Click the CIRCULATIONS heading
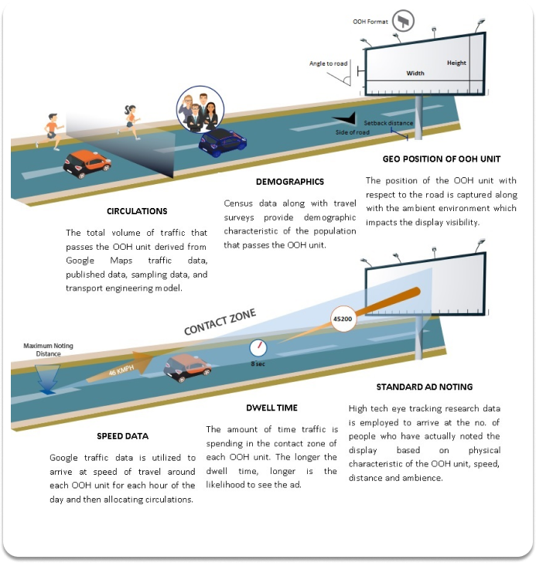point(138,211)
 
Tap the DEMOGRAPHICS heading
point(290,182)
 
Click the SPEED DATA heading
point(122,435)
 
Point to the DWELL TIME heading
point(271,408)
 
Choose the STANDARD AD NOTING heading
point(424,386)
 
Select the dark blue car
point(222,142)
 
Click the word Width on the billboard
point(415,73)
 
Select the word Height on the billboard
point(456,63)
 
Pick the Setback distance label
point(389,123)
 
